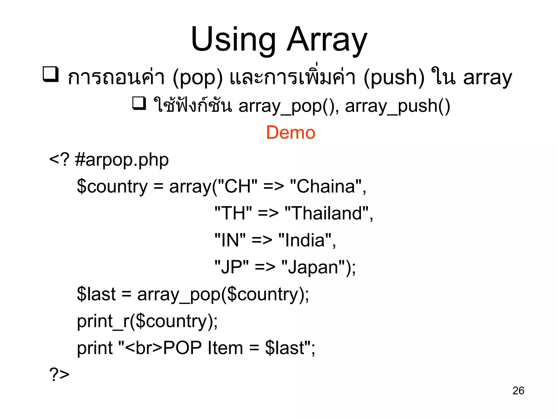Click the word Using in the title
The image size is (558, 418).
pos(233,39)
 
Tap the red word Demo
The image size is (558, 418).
pos(290,133)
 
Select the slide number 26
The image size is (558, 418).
pos(518,391)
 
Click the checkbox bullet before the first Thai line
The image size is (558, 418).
pos(51,74)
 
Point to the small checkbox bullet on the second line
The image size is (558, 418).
pos(139,104)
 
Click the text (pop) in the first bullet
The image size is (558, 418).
pos(198,78)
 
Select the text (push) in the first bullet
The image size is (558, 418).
pos(394,78)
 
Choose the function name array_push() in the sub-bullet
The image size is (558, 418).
pos(397,106)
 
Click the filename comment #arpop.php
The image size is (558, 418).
pos(122,160)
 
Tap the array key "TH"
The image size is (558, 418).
pos(233,213)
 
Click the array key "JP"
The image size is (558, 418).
pos(231,267)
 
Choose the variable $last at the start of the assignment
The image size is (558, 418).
pos(96,294)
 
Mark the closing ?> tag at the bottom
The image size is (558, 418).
pos(59,374)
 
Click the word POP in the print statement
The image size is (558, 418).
pos(182,348)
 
